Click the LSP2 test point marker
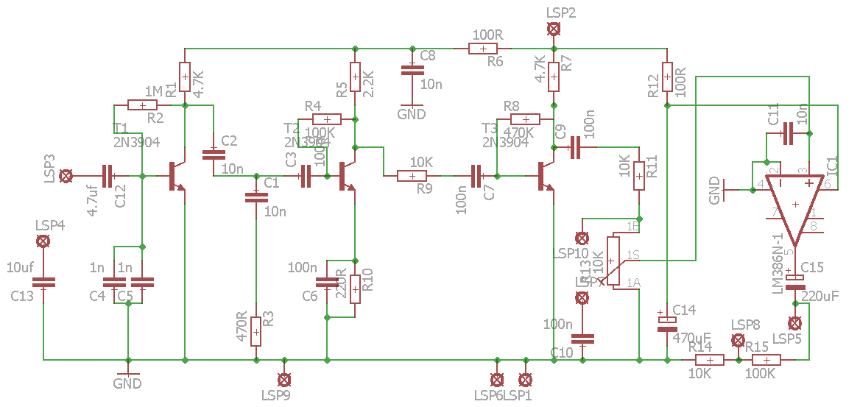click(x=553, y=29)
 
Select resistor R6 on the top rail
click(x=482, y=49)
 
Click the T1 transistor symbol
click(x=177, y=176)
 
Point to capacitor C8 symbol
click(x=412, y=71)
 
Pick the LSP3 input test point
click(x=66, y=176)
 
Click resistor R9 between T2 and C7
click(x=412, y=176)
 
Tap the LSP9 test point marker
click(x=283, y=379)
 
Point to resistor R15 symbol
click(x=766, y=360)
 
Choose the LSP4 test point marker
click(x=43, y=241)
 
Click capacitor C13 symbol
click(x=43, y=282)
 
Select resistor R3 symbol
click(x=255, y=332)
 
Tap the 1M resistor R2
click(x=142, y=105)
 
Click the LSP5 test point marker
click(x=794, y=322)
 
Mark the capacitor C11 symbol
click(x=788, y=133)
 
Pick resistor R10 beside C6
click(x=355, y=289)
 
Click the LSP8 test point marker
click(x=737, y=340)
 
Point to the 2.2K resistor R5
click(x=355, y=77)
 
